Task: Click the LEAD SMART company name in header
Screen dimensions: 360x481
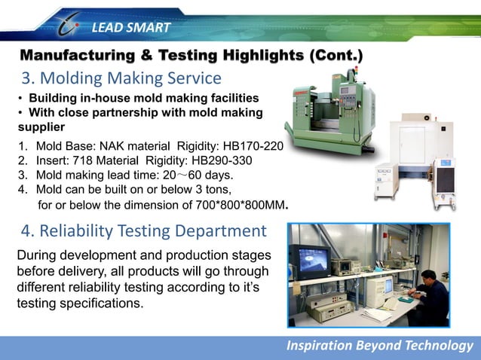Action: click(x=131, y=29)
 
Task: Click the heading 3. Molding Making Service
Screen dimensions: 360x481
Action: click(x=121, y=78)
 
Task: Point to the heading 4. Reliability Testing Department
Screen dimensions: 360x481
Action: click(x=142, y=230)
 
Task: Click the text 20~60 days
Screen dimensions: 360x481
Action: click(x=191, y=175)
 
